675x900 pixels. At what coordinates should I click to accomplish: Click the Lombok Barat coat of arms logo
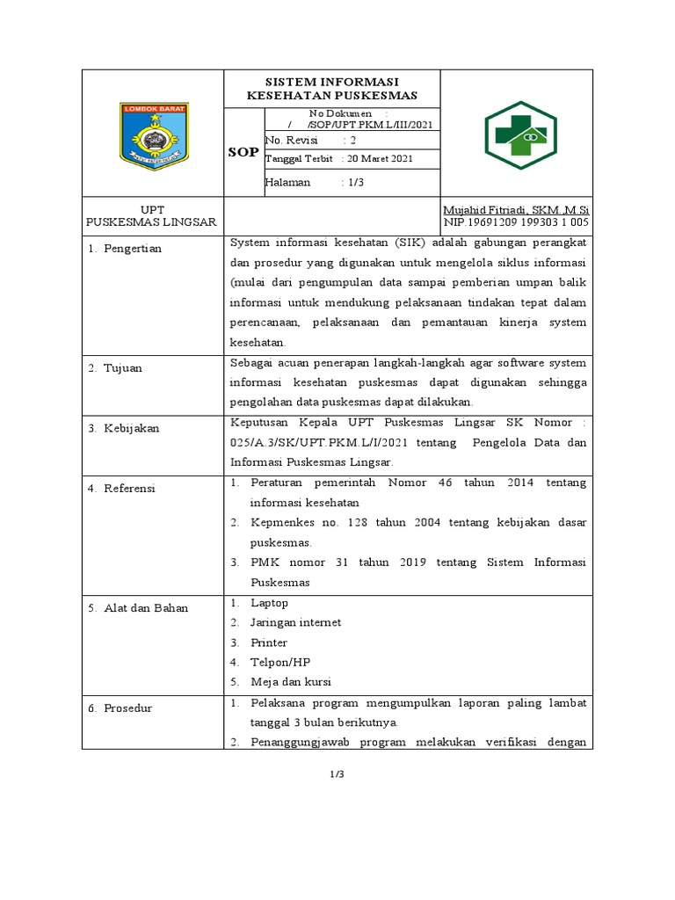pos(153,136)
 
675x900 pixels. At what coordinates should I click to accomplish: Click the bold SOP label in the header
pos(243,152)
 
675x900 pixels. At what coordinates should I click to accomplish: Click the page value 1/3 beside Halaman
pos(358,182)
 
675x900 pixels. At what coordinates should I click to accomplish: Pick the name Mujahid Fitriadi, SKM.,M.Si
pos(516,210)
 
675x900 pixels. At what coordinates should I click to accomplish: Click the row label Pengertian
pos(133,249)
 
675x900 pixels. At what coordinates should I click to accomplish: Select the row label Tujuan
pos(123,368)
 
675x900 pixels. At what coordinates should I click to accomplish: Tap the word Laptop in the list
pos(269,603)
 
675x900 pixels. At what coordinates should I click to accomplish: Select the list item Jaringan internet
pos(295,623)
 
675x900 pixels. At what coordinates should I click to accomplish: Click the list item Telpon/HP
pos(280,663)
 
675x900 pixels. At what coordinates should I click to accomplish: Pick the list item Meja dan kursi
pos(291,682)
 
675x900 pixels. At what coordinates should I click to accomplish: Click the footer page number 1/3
pos(337,774)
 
